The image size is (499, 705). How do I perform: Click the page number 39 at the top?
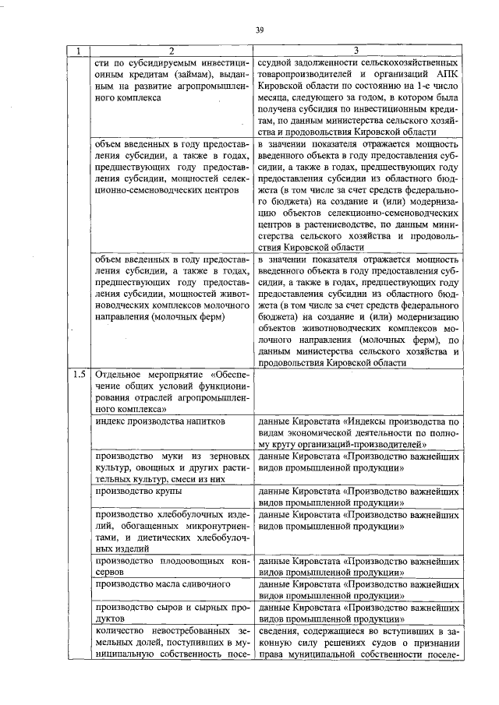click(x=260, y=30)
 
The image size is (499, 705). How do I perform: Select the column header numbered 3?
click(x=355, y=51)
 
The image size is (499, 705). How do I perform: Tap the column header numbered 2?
click(x=172, y=51)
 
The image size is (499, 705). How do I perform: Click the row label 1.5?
click(x=79, y=374)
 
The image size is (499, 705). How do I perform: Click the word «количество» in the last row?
click(x=120, y=630)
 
